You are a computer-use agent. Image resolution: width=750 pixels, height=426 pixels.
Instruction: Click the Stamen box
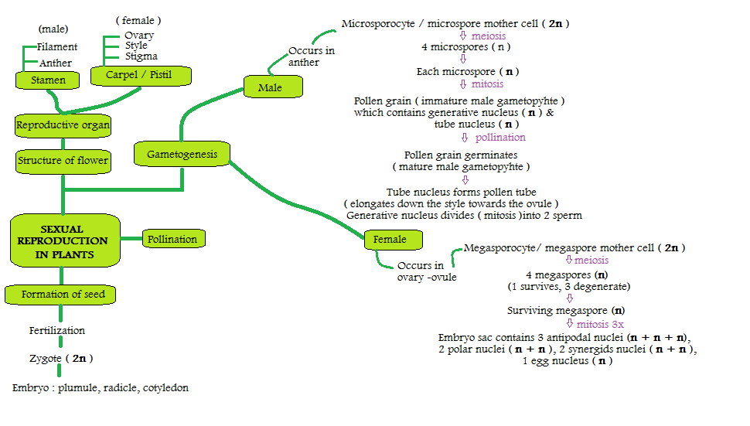tap(48, 80)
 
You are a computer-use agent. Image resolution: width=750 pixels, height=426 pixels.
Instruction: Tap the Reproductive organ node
tap(63, 124)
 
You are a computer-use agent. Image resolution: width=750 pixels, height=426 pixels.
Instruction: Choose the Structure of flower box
tap(63, 161)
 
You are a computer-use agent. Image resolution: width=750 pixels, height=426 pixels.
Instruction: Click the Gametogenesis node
tap(182, 155)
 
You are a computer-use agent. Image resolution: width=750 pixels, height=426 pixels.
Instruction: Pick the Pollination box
tap(172, 239)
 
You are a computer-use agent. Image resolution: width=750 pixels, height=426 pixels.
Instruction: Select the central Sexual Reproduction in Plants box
tap(63, 242)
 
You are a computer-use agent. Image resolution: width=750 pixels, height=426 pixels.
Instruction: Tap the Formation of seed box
tap(63, 294)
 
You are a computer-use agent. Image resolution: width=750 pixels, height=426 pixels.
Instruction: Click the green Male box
tap(270, 87)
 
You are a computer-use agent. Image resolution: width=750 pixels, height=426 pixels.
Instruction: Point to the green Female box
tap(390, 240)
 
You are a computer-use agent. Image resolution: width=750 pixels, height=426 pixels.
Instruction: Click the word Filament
tap(57, 47)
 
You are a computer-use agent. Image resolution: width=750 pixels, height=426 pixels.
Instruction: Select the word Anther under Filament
tap(55, 63)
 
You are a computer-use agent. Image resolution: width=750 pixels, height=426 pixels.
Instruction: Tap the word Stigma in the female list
tap(141, 56)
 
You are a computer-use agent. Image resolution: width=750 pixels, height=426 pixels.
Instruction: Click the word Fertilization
tap(57, 331)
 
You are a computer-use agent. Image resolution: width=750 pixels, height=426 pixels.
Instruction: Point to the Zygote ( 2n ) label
tap(60, 359)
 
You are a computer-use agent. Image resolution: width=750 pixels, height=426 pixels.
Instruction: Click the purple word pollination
tap(499, 138)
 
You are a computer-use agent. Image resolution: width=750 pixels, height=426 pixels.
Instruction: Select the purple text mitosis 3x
tap(600, 325)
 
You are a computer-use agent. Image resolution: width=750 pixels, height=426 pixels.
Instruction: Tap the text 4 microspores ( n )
tap(465, 47)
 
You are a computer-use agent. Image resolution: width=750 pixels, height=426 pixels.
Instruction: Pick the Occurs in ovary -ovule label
tap(426, 271)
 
